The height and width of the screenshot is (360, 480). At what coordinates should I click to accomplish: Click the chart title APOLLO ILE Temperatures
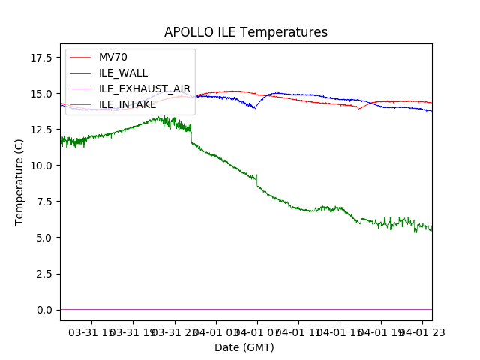245,33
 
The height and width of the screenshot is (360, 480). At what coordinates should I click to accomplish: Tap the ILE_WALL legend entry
123,73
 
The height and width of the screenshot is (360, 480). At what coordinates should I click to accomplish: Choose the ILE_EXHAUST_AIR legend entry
144,88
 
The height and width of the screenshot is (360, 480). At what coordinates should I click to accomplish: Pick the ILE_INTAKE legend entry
127,104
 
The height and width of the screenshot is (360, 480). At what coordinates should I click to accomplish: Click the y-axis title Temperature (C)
20,181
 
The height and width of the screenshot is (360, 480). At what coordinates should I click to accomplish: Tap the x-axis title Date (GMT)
244,347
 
